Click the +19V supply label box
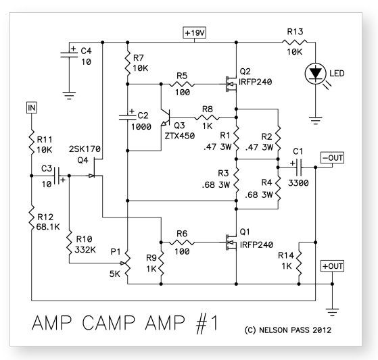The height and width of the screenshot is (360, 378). pos(194,32)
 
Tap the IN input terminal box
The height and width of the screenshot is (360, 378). pos(32,107)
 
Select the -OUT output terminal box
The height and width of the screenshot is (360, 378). pos(332,158)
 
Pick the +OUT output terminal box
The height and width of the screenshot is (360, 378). pos(332,266)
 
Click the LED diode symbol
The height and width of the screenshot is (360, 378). pos(316,73)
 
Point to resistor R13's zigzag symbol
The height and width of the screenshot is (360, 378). pos(295,43)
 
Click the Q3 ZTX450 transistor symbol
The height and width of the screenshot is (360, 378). pos(166,118)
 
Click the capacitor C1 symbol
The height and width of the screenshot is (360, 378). pos(299,167)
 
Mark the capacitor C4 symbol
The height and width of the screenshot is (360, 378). pos(69,55)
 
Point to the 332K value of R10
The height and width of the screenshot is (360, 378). pos(85,250)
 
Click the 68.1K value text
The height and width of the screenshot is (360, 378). pos(48,227)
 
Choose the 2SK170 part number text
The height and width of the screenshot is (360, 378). pos(85,149)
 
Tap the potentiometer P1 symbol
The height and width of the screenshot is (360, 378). pos(126,263)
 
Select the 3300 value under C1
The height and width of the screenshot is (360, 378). pos(298,183)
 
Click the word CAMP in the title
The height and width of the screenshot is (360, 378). pos(109,323)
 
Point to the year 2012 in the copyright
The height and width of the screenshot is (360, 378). pos(322,330)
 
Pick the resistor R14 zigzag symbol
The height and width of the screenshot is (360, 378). pos(299,263)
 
